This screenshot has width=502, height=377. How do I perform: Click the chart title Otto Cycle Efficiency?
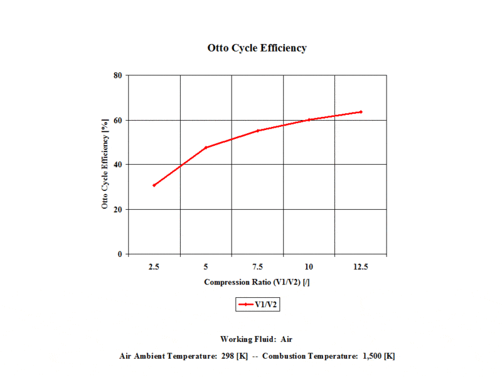pos(257,48)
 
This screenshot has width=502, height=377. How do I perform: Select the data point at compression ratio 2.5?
pos(154,185)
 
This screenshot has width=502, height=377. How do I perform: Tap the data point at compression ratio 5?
pos(206,148)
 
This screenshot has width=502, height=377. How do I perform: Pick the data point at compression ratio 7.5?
pos(257,131)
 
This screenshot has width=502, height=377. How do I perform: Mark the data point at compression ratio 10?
pos(309,119)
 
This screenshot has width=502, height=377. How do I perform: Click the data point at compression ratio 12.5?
pos(361,112)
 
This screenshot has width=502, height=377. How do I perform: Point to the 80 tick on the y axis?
pos(117,75)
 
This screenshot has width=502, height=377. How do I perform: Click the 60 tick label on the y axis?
pos(117,120)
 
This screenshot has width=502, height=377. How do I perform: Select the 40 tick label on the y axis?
pos(117,165)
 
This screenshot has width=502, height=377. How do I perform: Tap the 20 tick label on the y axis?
pos(117,209)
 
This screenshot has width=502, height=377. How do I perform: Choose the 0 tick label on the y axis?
pos(120,254)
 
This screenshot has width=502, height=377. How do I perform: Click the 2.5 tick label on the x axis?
pos(154,267)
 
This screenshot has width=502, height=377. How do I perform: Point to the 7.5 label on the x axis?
pos(257,267)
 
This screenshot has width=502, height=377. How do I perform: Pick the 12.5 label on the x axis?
pos(361,267)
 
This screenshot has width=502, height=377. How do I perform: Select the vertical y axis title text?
pos(106,165)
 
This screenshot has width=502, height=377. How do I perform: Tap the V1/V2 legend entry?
pos(257,305)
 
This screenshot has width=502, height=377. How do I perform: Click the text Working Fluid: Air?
pos(257,339)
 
